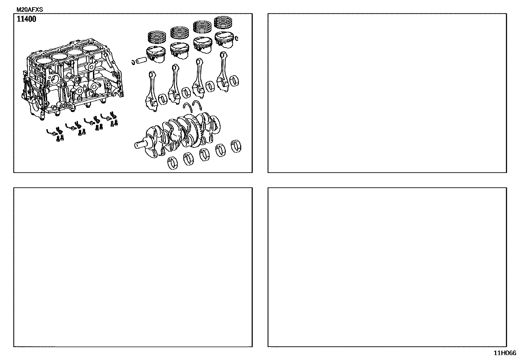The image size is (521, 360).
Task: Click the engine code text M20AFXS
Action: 29,9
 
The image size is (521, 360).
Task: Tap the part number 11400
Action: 27,19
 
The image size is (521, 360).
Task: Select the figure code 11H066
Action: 505,353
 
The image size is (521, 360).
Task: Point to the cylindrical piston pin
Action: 141,60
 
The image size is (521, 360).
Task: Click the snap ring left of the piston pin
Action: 133,62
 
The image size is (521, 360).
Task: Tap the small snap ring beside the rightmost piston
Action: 237,38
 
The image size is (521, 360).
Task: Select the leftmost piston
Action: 155,54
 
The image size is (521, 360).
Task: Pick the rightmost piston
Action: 224,40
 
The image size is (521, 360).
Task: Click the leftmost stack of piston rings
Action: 157,37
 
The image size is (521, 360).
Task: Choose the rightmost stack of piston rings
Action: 223,22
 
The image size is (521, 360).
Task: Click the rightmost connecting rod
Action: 223,72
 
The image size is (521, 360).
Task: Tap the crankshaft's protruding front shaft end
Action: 140,145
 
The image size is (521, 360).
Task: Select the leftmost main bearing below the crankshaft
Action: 172,163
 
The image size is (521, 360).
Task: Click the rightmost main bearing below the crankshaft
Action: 236,146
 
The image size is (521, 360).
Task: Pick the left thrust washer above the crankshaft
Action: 188,107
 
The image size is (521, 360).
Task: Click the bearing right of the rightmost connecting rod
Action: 234,81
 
